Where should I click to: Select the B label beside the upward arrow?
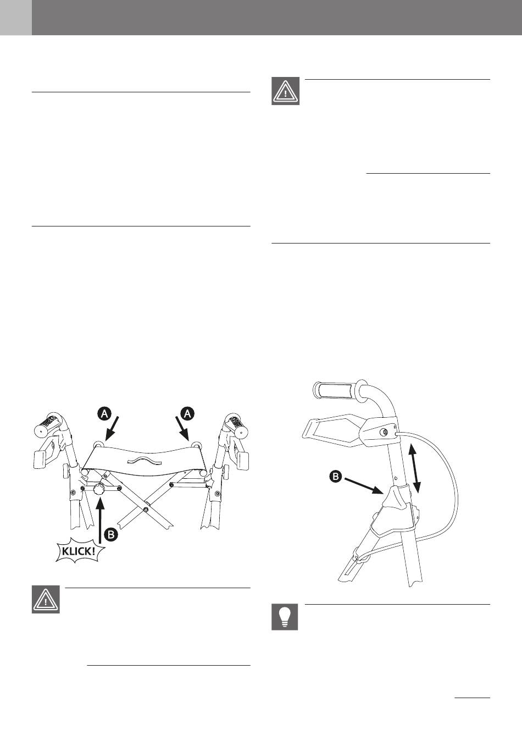pyautogui.click(x=111, y=533)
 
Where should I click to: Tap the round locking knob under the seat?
pyautogui.click(x=99, y=489)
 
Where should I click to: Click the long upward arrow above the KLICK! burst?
pyautogui.click(x=99, y=517)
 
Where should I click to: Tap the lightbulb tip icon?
pyautogui.click(x=285, y=617)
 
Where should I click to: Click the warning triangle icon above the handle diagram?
pyautogui.click(x=286, y=91)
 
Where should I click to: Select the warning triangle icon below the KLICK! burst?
pyautogui.click(x=46, y=600)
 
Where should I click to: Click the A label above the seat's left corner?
pyautogui.click(x=104, y=414)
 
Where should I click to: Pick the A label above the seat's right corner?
pyautogui.click(x=187, y=414)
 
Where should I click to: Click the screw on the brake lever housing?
pyautogui.click(x=384, y=432)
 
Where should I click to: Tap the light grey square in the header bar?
pyautogui.click(x=15, y=18)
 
